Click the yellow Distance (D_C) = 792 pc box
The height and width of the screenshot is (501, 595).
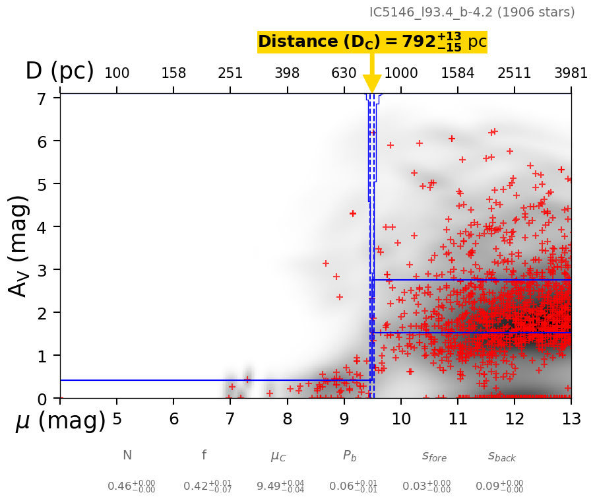coord(372,42)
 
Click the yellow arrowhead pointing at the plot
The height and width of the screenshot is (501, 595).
coord(372,84)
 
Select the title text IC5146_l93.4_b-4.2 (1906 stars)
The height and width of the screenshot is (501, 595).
coord(472,12)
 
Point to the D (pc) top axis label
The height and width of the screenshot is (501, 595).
coord(59,71)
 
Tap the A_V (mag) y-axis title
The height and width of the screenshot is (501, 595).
coord(19,246)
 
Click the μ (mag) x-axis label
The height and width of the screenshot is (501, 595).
coord(60,421)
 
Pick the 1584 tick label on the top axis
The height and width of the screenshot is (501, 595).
coord(458,73)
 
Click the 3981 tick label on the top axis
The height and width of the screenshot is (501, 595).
coord(571,73)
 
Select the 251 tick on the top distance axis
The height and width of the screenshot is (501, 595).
coord(230,73)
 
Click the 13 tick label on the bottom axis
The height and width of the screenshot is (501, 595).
coord(571,418)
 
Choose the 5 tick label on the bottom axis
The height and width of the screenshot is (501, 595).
coord(117,418)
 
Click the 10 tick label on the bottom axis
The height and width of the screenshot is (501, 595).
coord(400,418)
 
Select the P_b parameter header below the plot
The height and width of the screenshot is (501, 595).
coord(350,455)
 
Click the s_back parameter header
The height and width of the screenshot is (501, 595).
coord(501,455)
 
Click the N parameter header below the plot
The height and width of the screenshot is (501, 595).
coord(127,455)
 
